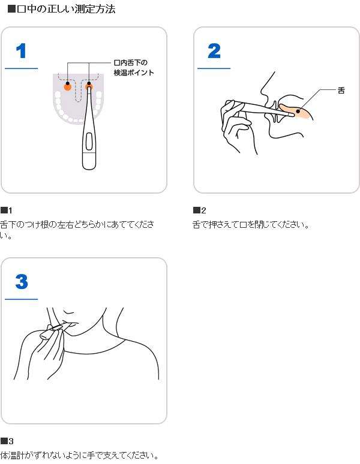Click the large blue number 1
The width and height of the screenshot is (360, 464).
coord(21,51)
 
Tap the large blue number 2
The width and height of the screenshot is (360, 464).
coord(214,51)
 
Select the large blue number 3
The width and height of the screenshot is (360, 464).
coord(22,281)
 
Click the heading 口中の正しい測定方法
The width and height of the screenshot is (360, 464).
coord(61,9)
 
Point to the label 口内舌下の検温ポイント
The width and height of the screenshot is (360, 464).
coord(134,68)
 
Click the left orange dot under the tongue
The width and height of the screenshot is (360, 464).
coord(68,87)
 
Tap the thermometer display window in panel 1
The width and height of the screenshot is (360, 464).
coord(89,141)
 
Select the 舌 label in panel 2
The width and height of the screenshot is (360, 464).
coord(341,91)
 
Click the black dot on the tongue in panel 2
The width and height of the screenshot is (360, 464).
coord(298,111)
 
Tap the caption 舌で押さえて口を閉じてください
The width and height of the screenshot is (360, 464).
coord(251,225)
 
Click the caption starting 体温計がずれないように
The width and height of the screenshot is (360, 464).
coord(79,455)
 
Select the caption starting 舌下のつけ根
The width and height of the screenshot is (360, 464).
coord(77,230)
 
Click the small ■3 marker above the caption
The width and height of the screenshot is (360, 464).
coord(7,441)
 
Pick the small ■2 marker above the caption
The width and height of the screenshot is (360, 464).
coord(199,210)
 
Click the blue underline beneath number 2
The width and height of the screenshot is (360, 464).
coord(214,68)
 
